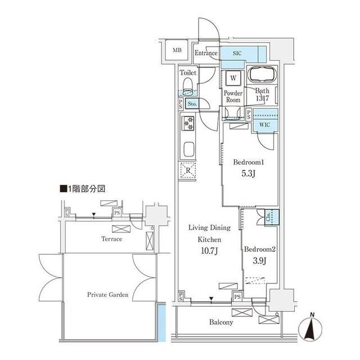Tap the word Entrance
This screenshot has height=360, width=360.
click(x=206, y=53)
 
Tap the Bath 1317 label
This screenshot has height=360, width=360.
click(x=263, y=95)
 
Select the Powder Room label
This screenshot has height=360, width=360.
click(x=233, y=96)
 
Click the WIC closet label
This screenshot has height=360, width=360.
click(x=264, y=125)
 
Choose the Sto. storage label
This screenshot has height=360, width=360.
click(x=192, y=104)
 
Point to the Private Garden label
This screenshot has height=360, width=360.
click(x=108, y=295)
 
